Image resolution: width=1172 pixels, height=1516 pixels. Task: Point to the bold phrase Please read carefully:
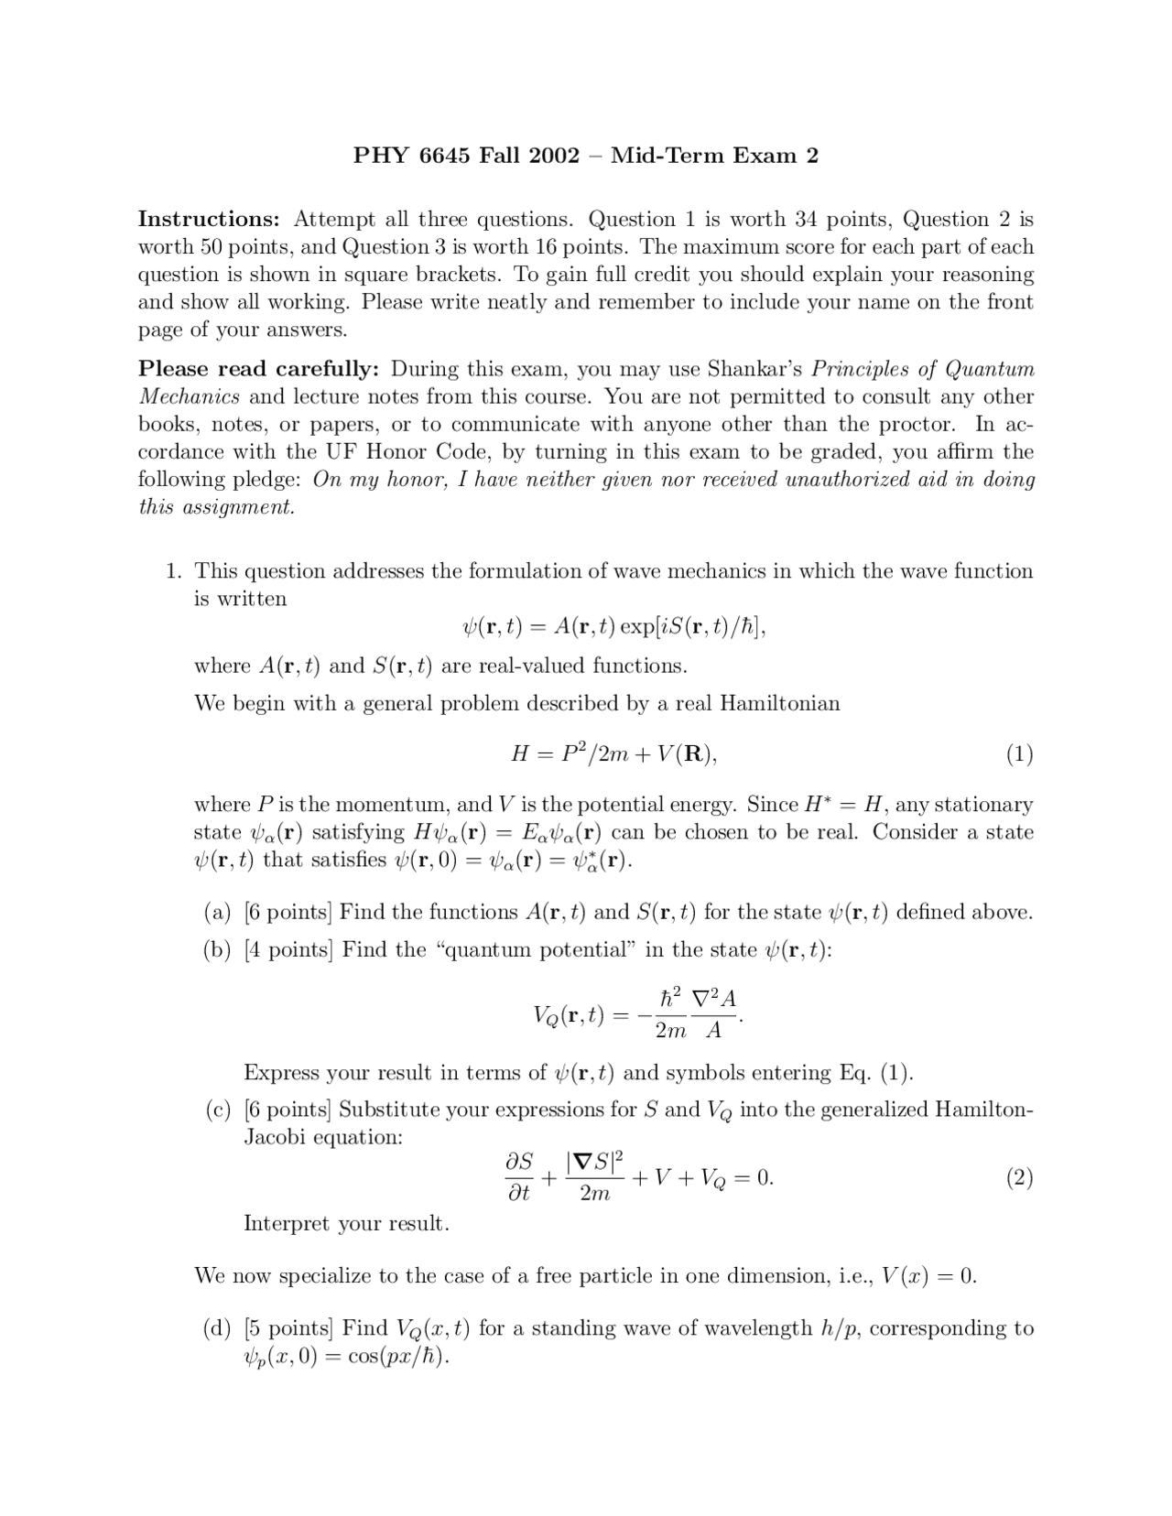coord(258,369)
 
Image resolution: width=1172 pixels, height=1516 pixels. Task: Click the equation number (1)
coord(1019,754)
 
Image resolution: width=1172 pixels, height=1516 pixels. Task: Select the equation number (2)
coord(1019,1177)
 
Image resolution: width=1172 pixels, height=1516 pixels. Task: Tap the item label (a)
coord(217,912)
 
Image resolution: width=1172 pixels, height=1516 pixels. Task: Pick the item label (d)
coord(217,1328)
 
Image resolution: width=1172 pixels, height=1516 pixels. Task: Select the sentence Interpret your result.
coord(346,1224)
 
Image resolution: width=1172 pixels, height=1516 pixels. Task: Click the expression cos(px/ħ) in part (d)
coord(399,1357)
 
